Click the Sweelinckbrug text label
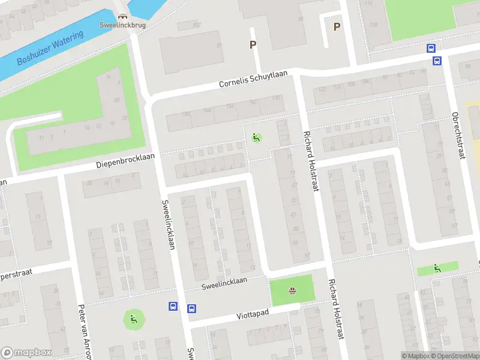[x=123, y=25]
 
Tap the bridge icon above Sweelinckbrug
[x=123, y=17]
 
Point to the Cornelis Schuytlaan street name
[x=253, y=79]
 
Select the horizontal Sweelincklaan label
[x=224, y=281]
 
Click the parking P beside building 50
[x=337, y=26]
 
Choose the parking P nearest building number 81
[x=253, y=44]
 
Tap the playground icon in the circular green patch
[x=133, y=319]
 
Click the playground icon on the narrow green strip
[x=437, y=269]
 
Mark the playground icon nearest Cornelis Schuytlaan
[x=256, y=138]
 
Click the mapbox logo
[x=26, y=352]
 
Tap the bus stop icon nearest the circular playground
[x=173, y=307]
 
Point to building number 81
[x=220, y=46]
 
